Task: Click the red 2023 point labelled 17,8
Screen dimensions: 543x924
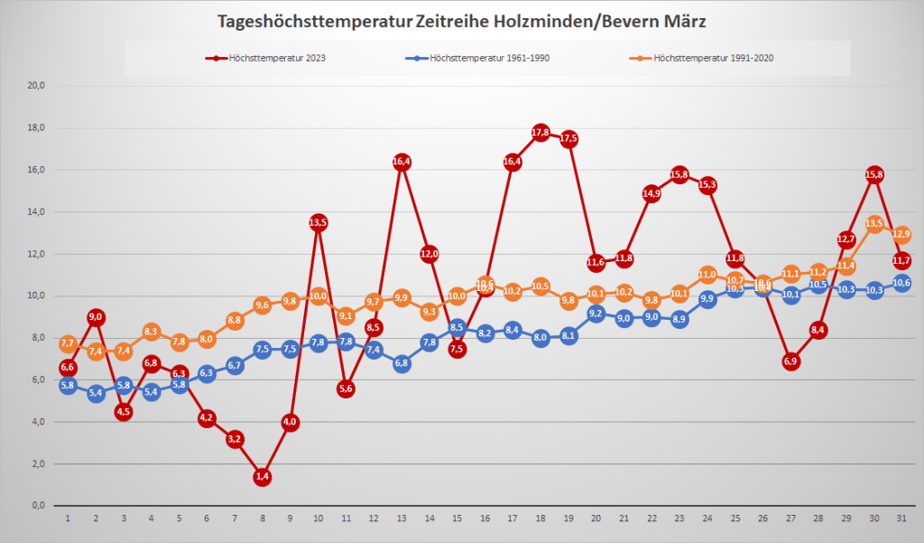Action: point(541,133)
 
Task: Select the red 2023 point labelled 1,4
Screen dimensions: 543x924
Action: point(263,476)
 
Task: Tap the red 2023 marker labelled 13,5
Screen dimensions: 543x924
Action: point(318,222)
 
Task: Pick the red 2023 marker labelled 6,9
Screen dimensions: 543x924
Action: point(790,361)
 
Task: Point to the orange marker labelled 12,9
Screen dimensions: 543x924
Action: point(901,235)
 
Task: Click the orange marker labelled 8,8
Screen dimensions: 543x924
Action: point(235,321)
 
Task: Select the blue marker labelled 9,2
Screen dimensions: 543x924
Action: point(596,314)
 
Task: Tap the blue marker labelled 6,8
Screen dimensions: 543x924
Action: point(402,363)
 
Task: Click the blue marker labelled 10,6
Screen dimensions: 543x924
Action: point(901,283)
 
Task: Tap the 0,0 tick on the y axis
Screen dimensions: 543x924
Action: point(38,506)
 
